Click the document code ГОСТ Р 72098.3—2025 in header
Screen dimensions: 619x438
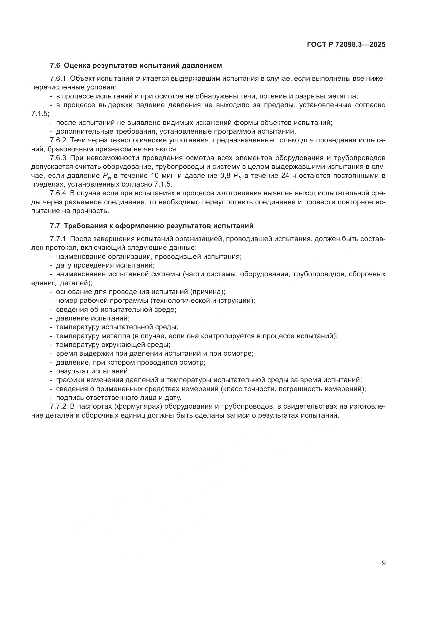point(346,44)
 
